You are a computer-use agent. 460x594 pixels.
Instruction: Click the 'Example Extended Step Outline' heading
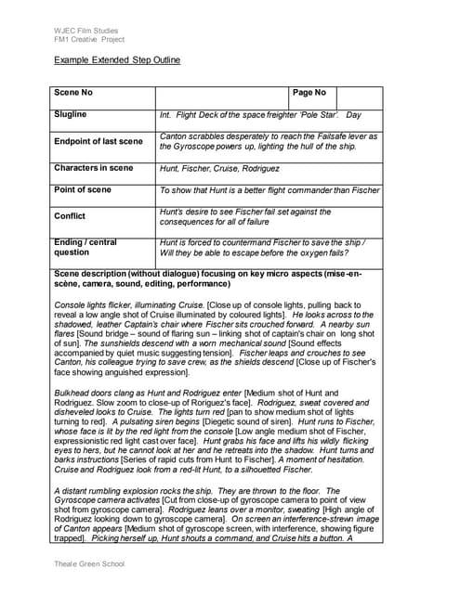click(x=116, y=60)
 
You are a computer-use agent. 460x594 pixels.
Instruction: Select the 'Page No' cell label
click(x=309, y=93)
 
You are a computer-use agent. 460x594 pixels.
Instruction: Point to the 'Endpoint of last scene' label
click(x=99, y=141)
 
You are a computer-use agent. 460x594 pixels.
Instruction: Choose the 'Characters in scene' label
click(x=94, y=168)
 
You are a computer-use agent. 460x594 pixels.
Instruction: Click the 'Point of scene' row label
click(x=83, y=189)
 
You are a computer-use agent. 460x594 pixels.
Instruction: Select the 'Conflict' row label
click(x=71, y=215)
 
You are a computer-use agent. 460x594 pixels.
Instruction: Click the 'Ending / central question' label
click(x=85, y=247)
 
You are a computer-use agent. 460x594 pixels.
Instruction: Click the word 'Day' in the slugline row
click(x=353, y=115)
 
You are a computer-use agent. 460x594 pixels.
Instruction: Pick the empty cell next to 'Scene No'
click(x=222, y=97)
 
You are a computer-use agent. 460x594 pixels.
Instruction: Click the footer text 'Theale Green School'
click(x=88, y=563)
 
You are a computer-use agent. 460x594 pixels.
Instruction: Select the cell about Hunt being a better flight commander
click(x=269, y=190)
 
